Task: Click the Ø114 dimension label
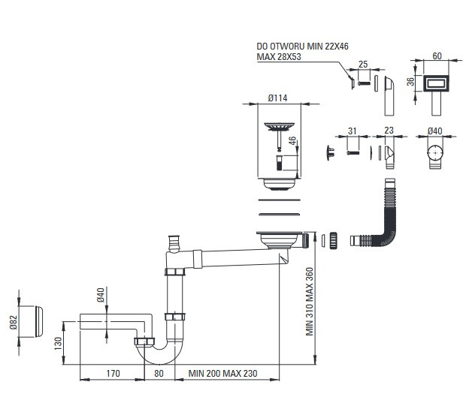click(x=277, y=98)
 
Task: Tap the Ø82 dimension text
click(x=14, y=322)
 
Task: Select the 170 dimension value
click(x=113, y=373)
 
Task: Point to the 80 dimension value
click(x=159, y=373)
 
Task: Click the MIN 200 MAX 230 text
click(x=222, y=373)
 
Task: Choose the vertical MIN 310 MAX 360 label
click(x=309, y=302)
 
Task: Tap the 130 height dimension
click(x=58, y=344)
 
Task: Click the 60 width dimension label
click(x=437, y=56)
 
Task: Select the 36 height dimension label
click(x=411, y=82)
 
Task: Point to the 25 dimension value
click(x=363, y=65)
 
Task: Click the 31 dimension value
click(x=353, y=131)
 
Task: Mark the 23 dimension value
click(x=389, y=131)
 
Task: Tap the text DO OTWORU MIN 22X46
click(x=302, y=47)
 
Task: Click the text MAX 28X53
click(x=279, y=57)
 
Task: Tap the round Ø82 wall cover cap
click(x=39, y=321)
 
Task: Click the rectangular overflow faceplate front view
click(x=437, y=83)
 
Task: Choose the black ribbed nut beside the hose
click(x=334, y=240)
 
